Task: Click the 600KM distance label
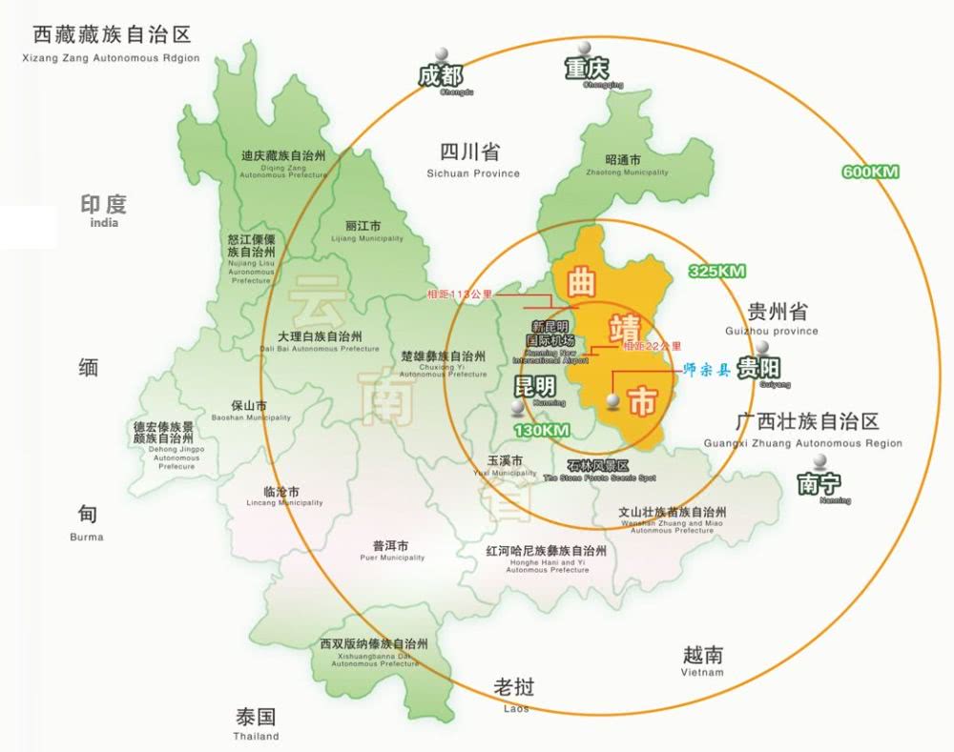pos(870,172)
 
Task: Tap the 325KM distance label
pos(716,272)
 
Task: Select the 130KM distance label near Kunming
pos(542,431)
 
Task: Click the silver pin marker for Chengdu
pos(441,55)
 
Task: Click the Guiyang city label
pos(759,370)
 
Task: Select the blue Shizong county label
pos(707,370)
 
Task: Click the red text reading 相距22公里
pos(653,346)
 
